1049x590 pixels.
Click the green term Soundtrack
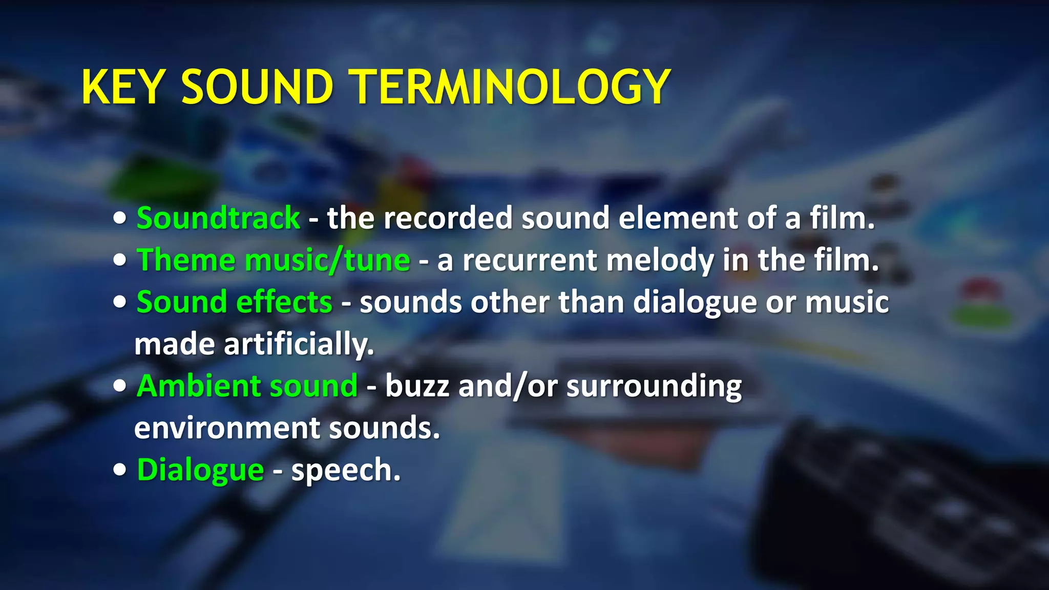pyautogui.click(x=218, y=218)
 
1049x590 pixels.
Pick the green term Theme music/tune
pyautogui.click(x=274, y=260)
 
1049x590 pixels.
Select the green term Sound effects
pyautogui.click(x=235, y=302)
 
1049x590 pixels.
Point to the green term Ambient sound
pyautogui.click(x=247, y=386)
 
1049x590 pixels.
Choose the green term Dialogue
pyautogui.click(x=200, y=470)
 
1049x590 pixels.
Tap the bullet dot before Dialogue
pyautogui.click(x=120, y=470)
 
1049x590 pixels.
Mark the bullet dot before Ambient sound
pyautogui.click(x=120, y=387)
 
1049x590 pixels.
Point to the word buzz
pyautogui.click(x=417, y=386)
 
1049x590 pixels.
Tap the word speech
pyautogui.click(x=345, y=470)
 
